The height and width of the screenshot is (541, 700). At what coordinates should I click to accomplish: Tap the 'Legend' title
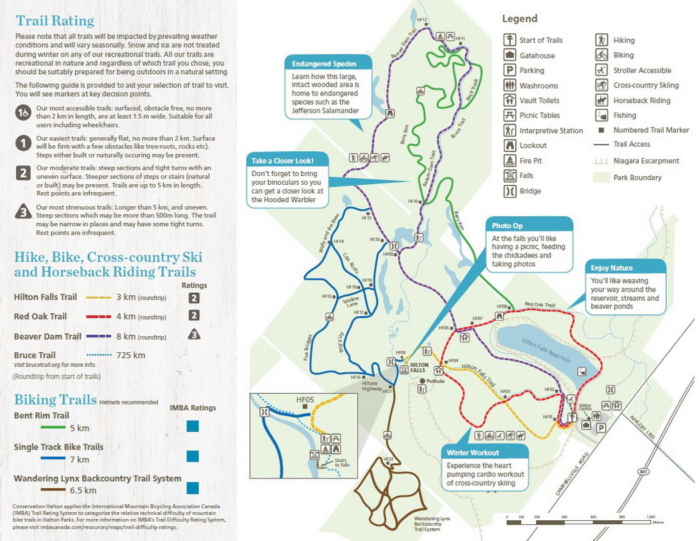click(519, 18)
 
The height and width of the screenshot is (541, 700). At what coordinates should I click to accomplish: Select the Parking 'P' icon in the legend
click(510, 70)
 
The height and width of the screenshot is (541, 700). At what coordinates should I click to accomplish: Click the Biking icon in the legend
click(602, 55)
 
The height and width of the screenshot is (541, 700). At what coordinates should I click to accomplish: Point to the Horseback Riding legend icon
click(602, 100)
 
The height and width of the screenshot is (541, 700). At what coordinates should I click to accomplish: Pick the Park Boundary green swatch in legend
click(602, 176)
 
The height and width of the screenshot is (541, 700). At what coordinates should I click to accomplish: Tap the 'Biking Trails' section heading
click(56, 400)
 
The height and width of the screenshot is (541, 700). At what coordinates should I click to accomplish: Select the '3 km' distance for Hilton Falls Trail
click(127, 297)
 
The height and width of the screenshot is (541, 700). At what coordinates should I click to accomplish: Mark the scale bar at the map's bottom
click(579, 518)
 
